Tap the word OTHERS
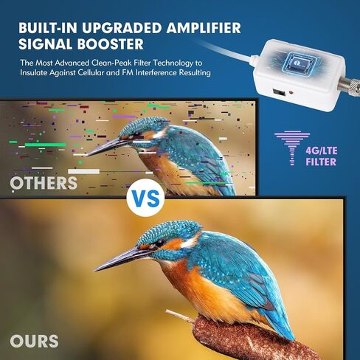pos(44,181)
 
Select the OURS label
pos(35,341)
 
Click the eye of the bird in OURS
pos(159,243)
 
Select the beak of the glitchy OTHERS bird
pos(103,147)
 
